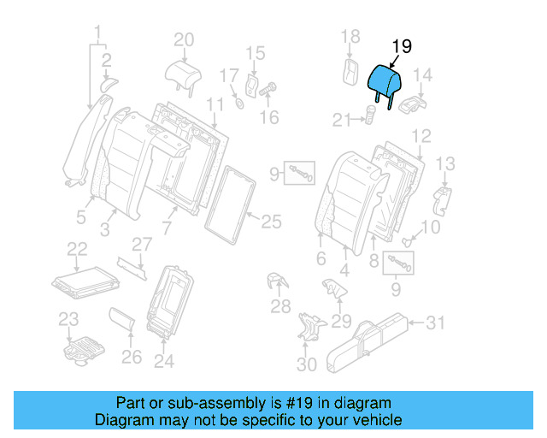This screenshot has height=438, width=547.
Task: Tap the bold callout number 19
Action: point(401,47)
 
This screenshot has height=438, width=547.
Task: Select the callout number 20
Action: point(184,39)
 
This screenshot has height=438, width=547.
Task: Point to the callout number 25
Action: point(270,222)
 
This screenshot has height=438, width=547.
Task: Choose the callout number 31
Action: point(436,323)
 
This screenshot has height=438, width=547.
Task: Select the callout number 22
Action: point(78,249)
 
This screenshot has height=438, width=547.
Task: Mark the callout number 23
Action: point(68,320)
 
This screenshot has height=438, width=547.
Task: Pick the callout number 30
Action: point(306,365)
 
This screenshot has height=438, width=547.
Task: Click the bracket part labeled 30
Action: point(309,329)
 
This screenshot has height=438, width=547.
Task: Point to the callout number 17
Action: point(228,76)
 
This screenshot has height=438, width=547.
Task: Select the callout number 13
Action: point(445,163)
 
